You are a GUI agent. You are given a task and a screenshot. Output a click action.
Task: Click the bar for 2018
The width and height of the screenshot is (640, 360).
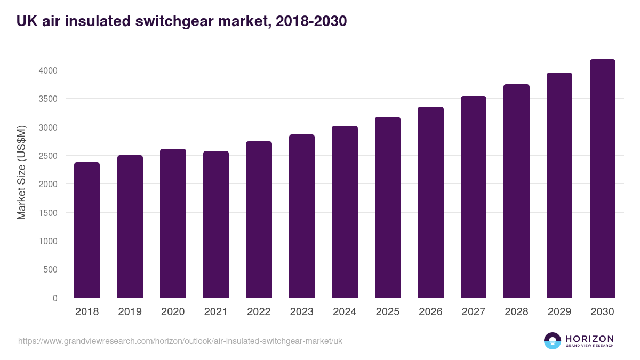87,230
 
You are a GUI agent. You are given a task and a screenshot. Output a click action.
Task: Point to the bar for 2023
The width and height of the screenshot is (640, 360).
302,216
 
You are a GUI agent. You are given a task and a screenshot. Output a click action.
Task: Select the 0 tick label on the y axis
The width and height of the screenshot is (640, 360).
54,298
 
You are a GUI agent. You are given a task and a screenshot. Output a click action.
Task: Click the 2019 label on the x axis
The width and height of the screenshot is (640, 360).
130,312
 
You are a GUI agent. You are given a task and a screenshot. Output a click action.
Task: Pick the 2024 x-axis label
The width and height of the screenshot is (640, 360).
345,312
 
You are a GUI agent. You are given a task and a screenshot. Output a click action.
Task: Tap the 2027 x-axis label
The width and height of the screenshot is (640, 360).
473,312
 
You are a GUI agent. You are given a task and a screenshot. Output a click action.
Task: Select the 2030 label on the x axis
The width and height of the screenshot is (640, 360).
602,312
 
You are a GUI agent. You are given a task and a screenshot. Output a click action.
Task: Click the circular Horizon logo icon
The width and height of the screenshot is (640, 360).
553,341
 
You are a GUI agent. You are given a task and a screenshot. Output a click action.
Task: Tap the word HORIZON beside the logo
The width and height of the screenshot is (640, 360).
589,339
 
